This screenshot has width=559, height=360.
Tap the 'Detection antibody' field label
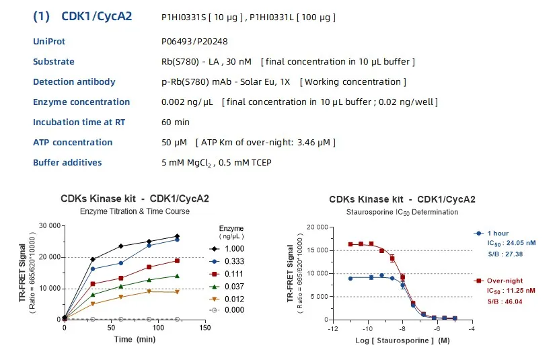point(74,82)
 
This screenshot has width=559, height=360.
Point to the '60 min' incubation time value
point(176,122)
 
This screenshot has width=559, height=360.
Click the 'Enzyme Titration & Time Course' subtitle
point(135,211)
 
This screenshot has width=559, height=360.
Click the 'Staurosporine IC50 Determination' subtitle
point(402,212)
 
